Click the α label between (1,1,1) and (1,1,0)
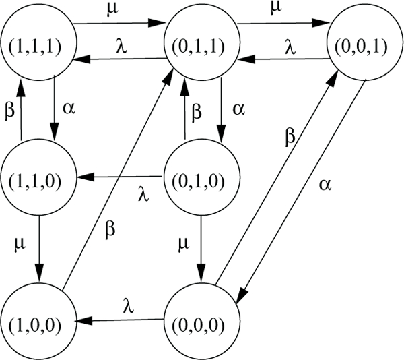(66, 108)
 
